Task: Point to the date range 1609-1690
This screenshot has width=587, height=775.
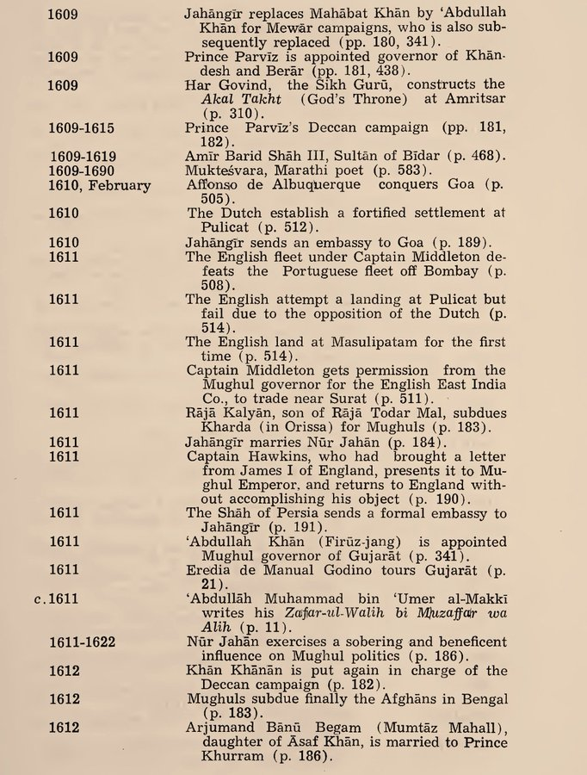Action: coord(83,170)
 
